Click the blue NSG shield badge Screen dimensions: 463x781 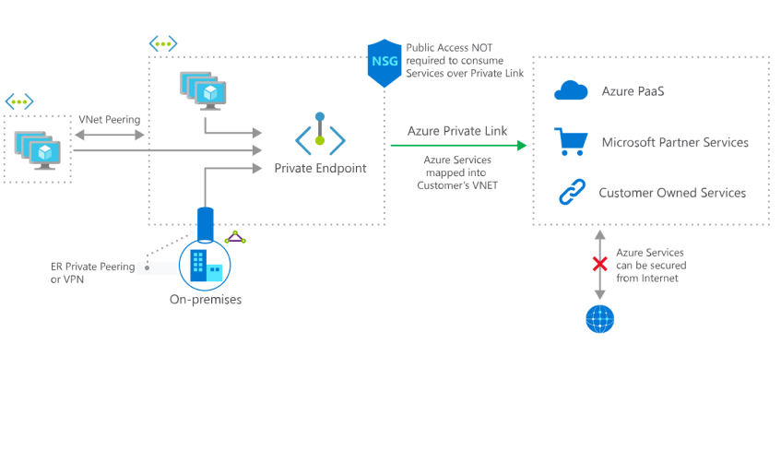384,63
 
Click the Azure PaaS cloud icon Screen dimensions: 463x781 571,90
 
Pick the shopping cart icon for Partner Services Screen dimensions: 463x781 571,142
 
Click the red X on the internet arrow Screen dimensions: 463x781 599,264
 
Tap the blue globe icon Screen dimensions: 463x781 599,318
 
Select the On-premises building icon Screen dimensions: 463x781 206,266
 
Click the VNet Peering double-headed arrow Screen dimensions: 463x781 109,136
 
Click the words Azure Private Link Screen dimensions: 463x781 456,132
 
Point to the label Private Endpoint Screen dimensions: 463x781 320,168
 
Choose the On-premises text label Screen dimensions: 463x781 205,299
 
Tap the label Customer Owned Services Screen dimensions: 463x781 671,194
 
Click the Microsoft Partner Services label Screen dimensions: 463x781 674,143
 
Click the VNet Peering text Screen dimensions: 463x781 110,121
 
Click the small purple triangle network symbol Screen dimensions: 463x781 237,238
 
